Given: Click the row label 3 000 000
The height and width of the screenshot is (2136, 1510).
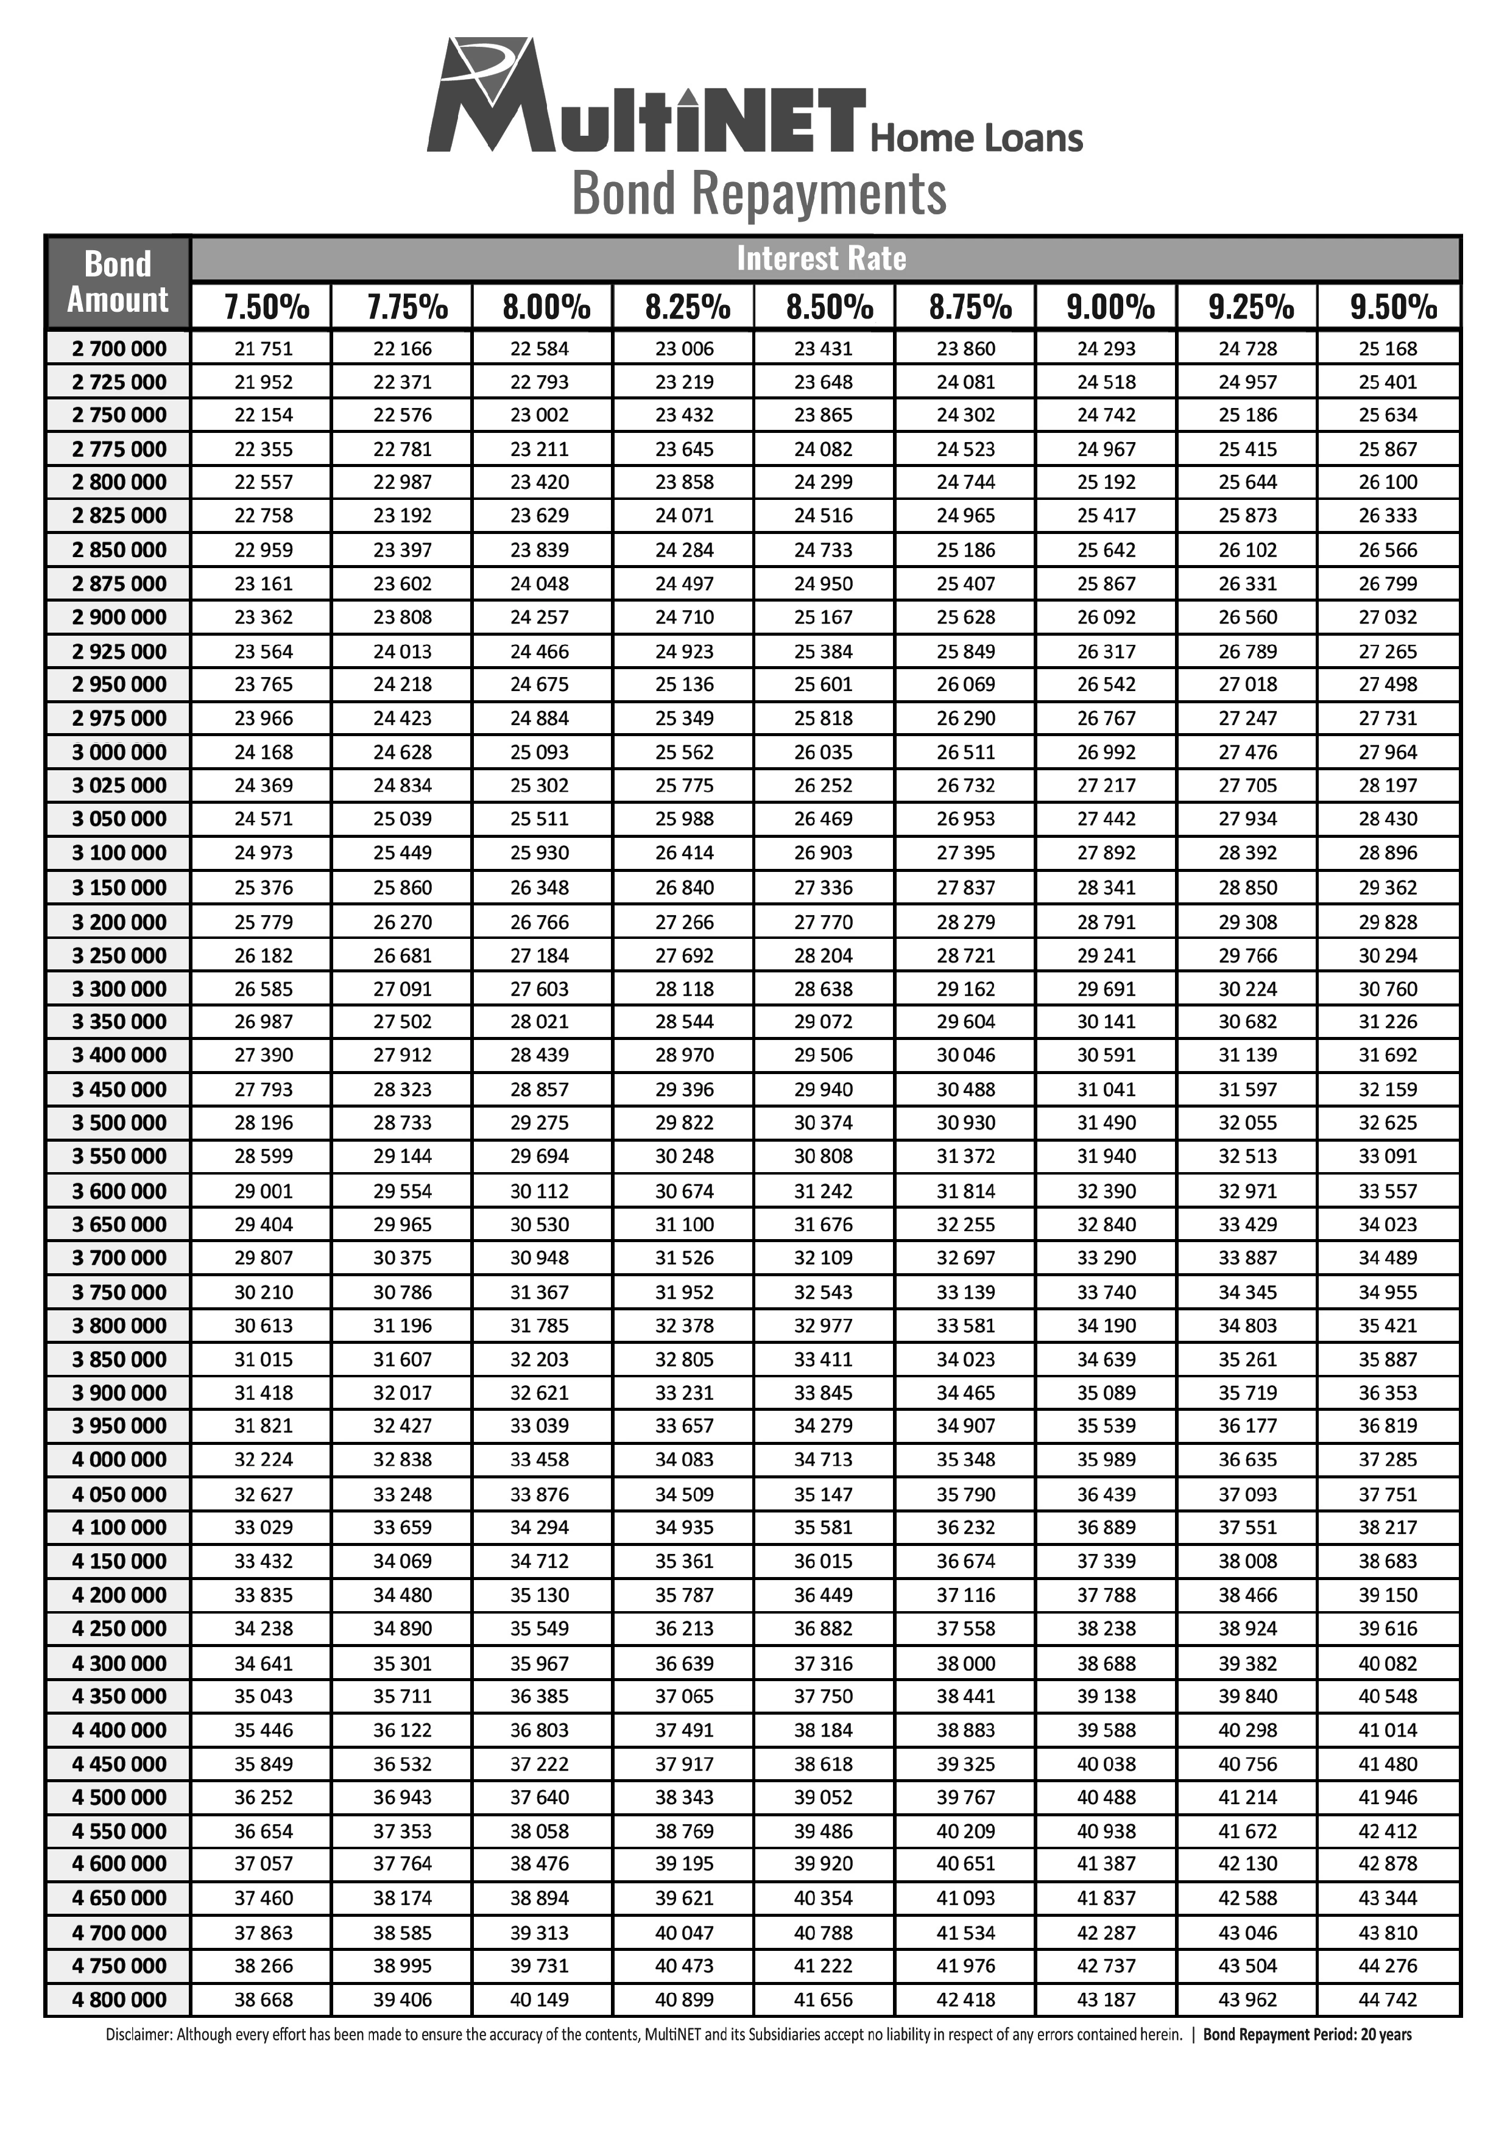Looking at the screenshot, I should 119,752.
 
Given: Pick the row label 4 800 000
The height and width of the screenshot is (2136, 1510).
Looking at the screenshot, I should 119,1999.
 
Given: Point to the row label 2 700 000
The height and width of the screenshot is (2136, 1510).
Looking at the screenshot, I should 119,349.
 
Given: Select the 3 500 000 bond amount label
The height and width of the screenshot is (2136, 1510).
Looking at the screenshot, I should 119,1123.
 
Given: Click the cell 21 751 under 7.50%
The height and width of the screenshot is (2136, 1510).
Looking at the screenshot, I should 263,349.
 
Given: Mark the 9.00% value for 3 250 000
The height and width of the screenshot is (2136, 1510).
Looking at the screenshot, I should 1106,955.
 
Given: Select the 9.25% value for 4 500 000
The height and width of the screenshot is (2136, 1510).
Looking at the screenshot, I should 1247,1797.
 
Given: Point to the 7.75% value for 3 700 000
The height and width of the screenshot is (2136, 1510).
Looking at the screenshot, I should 402,1258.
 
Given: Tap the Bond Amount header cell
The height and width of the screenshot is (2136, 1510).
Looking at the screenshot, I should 118,282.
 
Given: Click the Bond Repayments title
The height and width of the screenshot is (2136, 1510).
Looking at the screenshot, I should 759,194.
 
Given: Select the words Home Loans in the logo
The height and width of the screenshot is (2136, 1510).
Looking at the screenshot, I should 976,138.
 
